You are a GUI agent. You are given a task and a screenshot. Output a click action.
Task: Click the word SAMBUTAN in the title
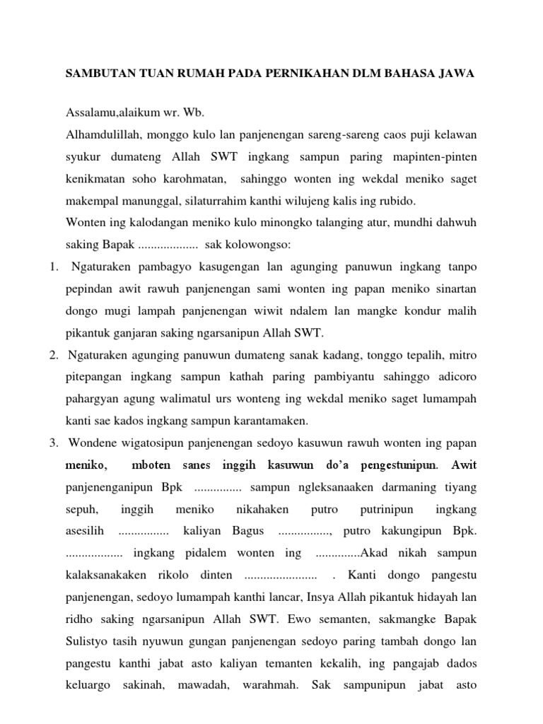click(96, 74)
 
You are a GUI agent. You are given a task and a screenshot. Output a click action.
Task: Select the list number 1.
click(53, 267)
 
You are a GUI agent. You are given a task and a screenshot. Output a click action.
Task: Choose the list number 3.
click(53, 443)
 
